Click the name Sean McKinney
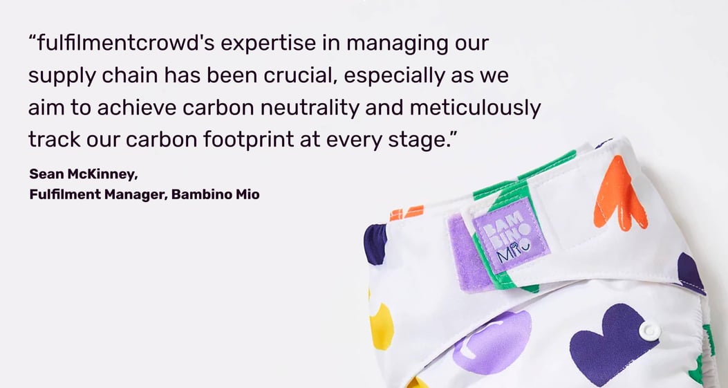point(83,174)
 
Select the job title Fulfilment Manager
point(97,194)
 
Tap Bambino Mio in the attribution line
point(215,194)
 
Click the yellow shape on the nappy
point(380,326)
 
